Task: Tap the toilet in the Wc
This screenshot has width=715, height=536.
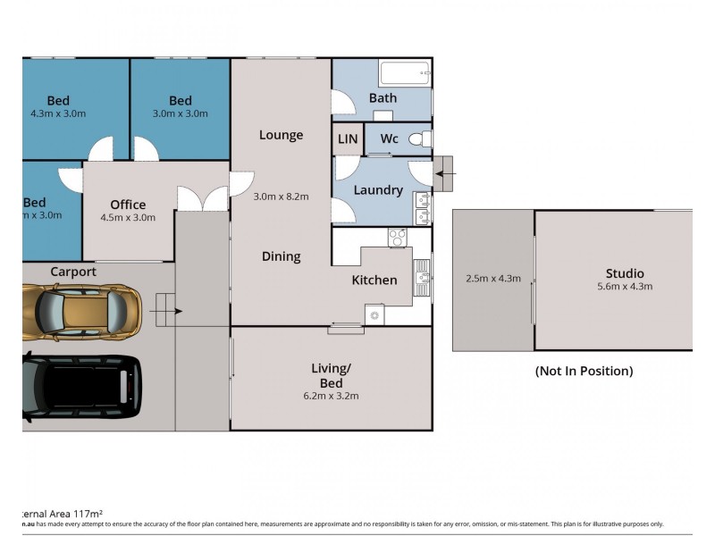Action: coord(420,139)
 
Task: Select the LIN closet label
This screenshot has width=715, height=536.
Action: coord(347,139)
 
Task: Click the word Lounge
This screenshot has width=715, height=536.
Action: coord(281,135)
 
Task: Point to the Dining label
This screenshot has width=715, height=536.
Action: coord(281,256)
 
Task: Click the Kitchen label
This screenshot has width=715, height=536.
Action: coord(374,280)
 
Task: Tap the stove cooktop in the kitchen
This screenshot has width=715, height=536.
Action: coord(397,238)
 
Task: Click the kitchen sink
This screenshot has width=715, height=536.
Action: coord(421,280)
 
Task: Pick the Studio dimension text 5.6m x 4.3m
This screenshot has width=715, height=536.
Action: coord(625,287)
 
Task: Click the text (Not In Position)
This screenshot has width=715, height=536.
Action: coord(584,371)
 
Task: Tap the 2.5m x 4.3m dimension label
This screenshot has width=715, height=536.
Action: coord(492,278)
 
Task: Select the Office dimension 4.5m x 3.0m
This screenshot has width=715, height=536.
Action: coord(128,217)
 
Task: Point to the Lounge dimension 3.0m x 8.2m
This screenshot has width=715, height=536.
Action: coord(281,197)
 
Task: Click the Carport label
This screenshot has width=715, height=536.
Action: coord(73,272)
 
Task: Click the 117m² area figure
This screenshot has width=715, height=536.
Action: coord(73,514)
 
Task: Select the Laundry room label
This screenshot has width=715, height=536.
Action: coord(378,190)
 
